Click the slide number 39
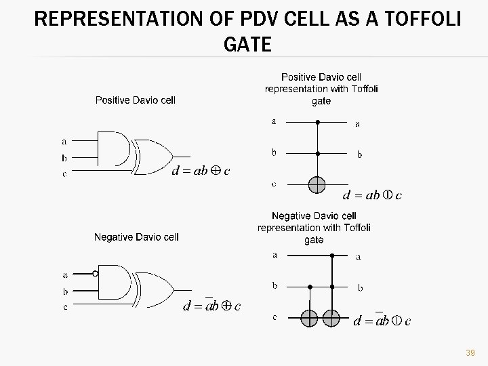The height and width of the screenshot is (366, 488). coord(470,353)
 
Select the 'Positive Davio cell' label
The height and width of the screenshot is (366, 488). coord(136,100)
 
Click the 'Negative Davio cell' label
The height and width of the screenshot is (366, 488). coord(136,237)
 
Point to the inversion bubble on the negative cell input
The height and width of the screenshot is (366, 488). coord(96,274)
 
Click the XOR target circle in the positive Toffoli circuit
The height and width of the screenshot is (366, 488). coord(317,184)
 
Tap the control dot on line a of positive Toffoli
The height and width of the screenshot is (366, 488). coord(317,123)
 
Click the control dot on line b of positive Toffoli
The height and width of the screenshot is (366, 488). coord(317,153)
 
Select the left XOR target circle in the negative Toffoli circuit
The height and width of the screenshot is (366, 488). coord(310,318)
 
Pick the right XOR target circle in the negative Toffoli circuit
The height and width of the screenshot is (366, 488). coord(331,318)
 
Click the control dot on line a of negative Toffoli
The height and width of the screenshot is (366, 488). coord(331,256)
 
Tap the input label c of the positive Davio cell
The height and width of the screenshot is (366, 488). coord(64,174)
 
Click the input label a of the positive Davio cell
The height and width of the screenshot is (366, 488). coord(64,142)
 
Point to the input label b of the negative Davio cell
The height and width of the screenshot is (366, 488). coord(65,291)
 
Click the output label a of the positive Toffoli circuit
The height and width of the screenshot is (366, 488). coord(358,124)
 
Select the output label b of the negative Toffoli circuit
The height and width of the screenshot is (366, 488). coord(360,288)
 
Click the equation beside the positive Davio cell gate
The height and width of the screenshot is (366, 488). coord(201,171)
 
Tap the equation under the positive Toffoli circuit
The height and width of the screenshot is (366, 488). coord(373,196)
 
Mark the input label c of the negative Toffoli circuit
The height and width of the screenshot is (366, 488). coord(274,318)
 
